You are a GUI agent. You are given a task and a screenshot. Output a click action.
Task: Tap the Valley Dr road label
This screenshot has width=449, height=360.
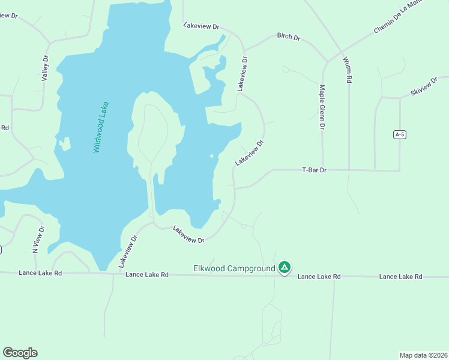click(44, 68)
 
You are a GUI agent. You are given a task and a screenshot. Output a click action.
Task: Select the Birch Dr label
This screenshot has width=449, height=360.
click(288, 37)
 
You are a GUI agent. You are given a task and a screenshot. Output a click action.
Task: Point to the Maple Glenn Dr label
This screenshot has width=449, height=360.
click(322, 107)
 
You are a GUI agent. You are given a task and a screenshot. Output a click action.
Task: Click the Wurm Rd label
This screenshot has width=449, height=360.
click(347, 70)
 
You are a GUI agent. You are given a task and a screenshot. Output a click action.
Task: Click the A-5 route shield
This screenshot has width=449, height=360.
click(400, 134)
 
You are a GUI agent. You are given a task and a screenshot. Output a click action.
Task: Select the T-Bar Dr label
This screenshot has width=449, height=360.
click(313, 170)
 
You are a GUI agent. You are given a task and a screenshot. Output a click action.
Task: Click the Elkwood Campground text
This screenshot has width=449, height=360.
click(234, 268)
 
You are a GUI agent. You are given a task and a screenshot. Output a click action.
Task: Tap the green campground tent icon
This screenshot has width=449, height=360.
click(285, 268)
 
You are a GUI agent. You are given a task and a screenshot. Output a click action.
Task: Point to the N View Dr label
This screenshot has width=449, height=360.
click(38, 239)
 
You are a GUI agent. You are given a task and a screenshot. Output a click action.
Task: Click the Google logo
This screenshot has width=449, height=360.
click(20, 353)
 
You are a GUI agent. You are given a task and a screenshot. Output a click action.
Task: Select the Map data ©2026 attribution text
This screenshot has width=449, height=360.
click(423, 355)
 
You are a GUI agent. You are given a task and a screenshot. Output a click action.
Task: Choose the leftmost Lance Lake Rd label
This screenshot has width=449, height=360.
click(40, 273)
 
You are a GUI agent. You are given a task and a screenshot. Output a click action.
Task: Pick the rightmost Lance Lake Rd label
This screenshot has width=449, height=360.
click(401, 277)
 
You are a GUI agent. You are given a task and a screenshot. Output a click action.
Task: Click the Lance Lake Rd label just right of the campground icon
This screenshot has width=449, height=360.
click(319, 277)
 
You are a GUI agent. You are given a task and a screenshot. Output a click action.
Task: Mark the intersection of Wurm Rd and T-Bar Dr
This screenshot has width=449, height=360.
click(348, 170)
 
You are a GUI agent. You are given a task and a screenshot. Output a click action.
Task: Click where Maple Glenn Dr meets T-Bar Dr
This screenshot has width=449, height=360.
click(322, 170)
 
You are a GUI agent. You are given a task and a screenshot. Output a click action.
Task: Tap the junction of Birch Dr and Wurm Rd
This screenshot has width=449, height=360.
click(327, 62)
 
